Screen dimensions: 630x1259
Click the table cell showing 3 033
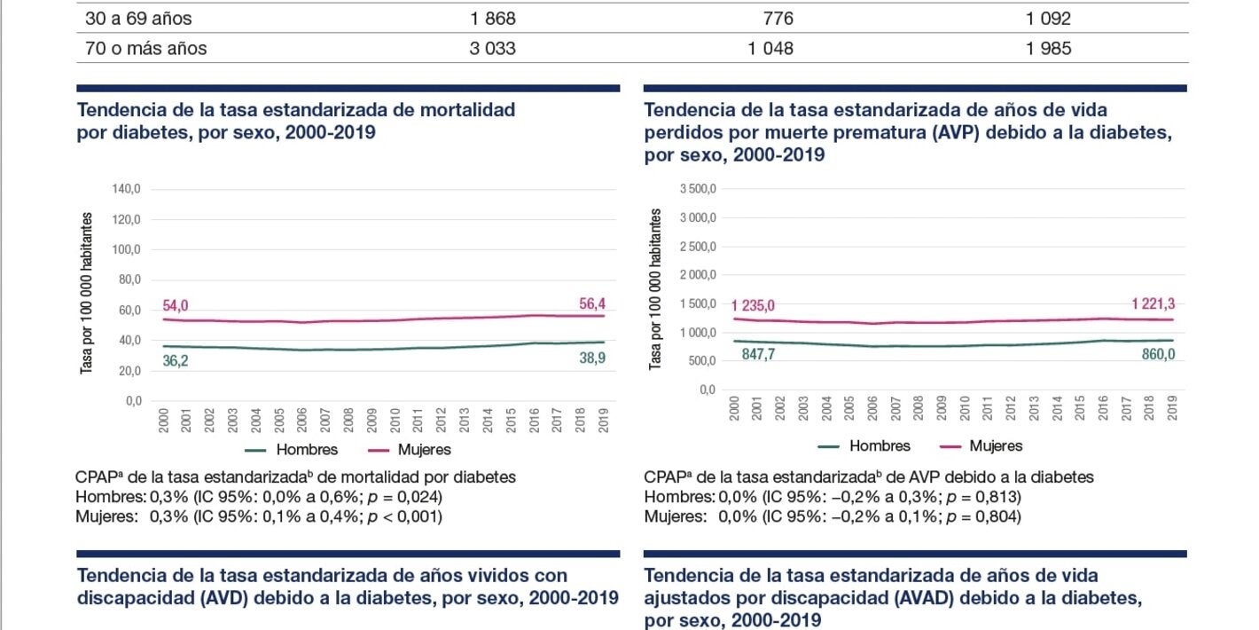point(492,49)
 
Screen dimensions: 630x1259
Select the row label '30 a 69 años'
point(138,19)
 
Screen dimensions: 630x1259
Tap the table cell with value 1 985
point(1048,49)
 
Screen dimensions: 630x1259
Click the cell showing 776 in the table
point(778,19)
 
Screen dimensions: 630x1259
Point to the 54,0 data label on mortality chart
point(175,305)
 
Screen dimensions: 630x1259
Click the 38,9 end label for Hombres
point(590,360)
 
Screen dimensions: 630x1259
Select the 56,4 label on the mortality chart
point(590,304)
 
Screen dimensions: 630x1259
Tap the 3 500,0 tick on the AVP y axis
point(698,189)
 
